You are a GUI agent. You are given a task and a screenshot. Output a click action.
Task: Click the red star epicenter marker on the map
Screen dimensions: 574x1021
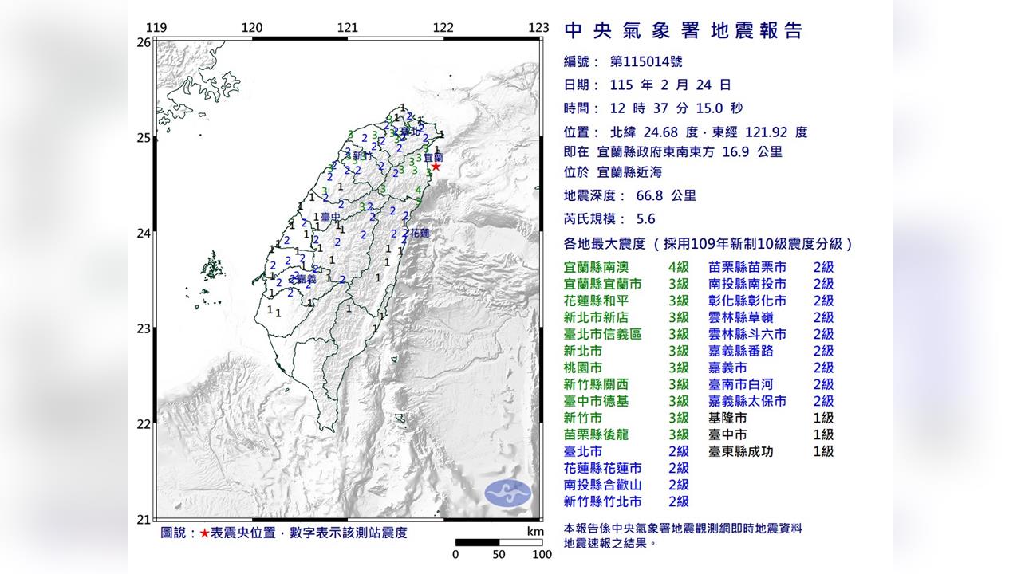tap(436, 167)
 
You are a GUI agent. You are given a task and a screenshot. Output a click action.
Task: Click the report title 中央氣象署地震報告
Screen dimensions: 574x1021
tap(684, 31)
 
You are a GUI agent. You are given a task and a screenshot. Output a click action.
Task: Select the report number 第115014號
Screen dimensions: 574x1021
tap(645, 61)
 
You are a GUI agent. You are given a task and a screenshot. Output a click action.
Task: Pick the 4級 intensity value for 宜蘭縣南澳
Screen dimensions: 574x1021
tap(678, 267)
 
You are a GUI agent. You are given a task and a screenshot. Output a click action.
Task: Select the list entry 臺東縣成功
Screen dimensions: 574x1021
tap(740, 451)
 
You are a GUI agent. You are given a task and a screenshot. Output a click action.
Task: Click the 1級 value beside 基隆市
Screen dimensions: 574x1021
tap(823, 418)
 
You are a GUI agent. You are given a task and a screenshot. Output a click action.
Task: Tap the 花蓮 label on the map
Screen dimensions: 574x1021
tap(419, 234)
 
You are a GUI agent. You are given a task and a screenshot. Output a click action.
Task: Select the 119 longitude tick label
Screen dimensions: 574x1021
tap(157, 28)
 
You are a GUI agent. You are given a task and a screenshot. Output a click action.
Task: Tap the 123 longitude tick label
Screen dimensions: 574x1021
tap(538, 28)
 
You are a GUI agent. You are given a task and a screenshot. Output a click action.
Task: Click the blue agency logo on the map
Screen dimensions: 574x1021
tap(508, 492)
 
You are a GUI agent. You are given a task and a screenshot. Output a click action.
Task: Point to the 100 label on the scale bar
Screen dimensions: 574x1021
tap(542, 555)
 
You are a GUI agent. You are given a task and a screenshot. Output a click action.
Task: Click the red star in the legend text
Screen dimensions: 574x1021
tap(205, 533)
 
